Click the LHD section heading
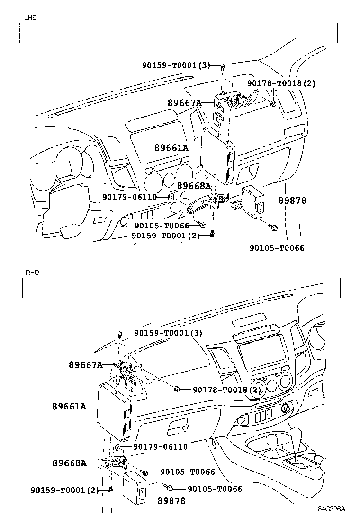coord(30,18)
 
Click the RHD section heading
coord(32,273)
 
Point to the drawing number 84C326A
coord(332,509)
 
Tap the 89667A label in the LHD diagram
coord(184,103)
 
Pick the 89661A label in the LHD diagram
coord(171,148)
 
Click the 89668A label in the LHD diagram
coord(194,186)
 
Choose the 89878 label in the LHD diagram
coord(292,201)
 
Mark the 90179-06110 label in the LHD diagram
coord(129,197)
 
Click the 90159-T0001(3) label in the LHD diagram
coord(176,65)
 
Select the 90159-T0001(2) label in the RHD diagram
coord(65,490)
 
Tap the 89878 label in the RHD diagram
coord(171,500)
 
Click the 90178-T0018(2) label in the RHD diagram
coord(227,390)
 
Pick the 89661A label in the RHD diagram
coord(69,406)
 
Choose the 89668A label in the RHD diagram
coord(70,463)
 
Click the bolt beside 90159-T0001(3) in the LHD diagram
coord(222,66)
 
